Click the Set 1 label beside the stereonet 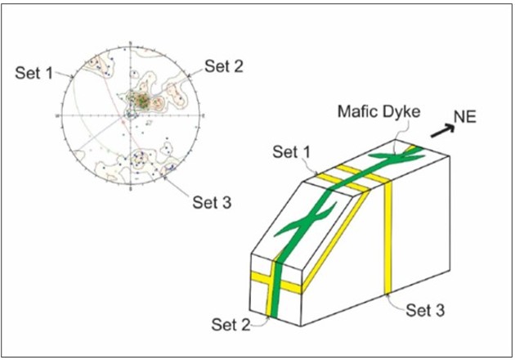click(x=34, y=73)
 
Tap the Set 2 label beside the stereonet click(x=224, y=66)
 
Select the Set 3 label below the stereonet click(x=212, y=202)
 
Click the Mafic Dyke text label click(x=379, y=111)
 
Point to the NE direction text click(x=465, y=117)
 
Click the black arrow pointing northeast click(x=443, y=131)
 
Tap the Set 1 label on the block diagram click(x=292, y=152)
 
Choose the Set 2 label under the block click(x=231, y=325)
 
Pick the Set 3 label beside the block click(x=425, y=310)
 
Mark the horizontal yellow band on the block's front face click(x=276, y=281)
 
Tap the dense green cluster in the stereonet click(x=143, y=101)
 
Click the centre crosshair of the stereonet click(x=131, y=115)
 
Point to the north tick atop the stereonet click(x=131, y=44)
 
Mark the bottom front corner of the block click(x=301, y=326)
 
